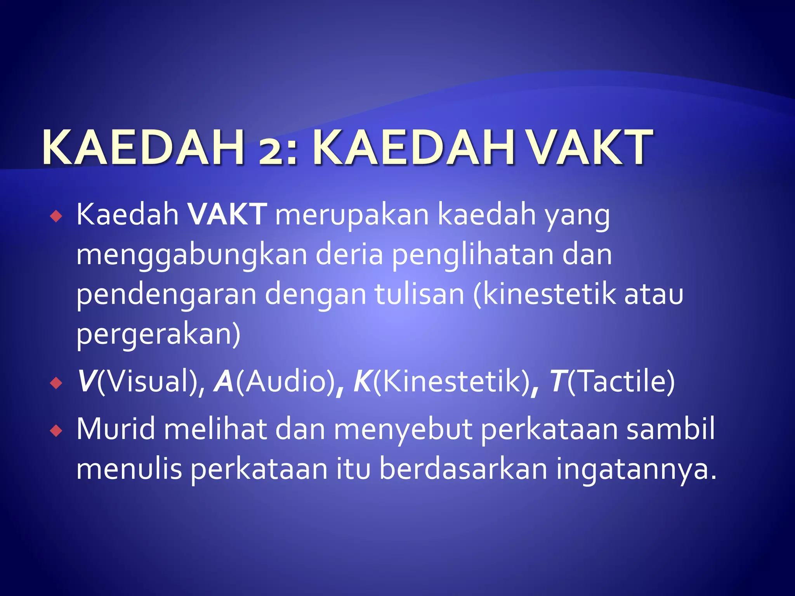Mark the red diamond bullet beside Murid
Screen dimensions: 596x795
click(56, 431)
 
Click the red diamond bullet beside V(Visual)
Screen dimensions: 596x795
click(56, 383)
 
